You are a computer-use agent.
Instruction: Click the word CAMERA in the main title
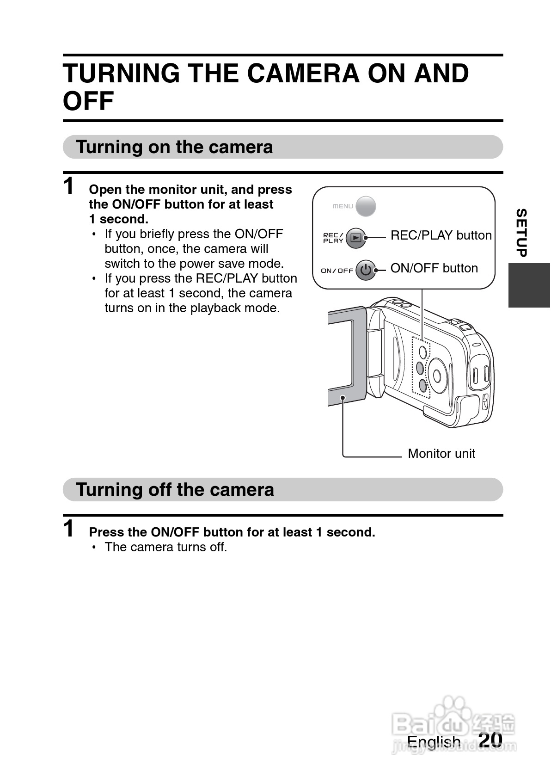(303, 74)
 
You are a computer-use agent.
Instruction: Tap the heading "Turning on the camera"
(174, 147)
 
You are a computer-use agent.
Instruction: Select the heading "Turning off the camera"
(175, 489)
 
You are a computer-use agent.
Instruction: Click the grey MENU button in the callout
(366, 206)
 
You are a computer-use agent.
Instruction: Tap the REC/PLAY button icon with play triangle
(356, 238)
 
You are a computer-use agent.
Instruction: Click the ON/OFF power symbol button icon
(366, 270)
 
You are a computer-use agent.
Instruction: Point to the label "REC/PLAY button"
(441, 235)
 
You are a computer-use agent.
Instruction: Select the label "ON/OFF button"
(434, 268)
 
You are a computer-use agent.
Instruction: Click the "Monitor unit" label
(441, 453)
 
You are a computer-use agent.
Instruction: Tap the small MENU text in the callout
(343, 206)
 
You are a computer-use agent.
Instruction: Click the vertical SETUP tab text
(521, 233)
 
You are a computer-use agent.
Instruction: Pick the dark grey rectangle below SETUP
(529, 285)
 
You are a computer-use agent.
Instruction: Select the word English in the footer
(434, 742)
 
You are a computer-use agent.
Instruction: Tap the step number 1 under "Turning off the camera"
(69, 528)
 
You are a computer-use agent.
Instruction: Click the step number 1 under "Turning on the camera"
(69, 185)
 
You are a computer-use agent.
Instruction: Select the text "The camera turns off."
(166, 547)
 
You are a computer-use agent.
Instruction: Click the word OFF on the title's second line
(88, 101)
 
